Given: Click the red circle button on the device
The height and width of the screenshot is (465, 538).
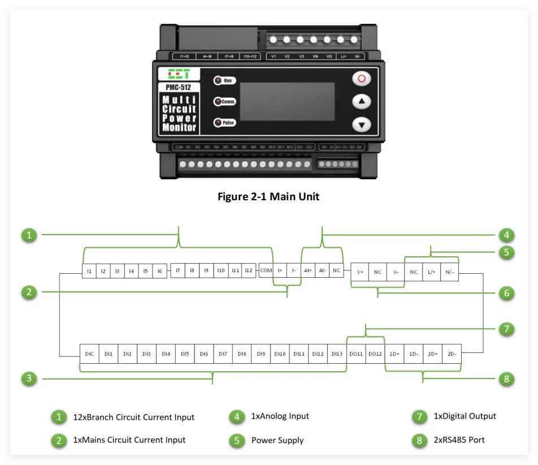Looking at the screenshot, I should [x=362, y=78].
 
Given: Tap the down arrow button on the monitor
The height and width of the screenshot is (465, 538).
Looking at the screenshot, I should [x=362, y=124].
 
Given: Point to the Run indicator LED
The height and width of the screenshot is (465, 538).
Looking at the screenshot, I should [x=218, y=81].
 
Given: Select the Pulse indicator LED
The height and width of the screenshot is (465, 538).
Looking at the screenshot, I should [x=218, y=123].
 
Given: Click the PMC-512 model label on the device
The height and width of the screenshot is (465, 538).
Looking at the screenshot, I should [x=178, y=87].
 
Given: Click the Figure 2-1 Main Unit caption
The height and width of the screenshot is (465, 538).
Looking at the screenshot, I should [x=268, y=197].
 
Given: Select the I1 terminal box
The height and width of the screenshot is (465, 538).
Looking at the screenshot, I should [x=89, y=271].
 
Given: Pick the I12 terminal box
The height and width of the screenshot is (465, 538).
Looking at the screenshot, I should [x=249, y=271].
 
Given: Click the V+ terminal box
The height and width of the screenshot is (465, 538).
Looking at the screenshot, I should [x=360, y=272].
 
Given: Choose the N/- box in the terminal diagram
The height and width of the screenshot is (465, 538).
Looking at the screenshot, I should [x=449, y=272].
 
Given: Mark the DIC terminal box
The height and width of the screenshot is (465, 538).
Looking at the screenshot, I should [x=89, y=354].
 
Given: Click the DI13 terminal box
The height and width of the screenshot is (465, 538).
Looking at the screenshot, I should [x=337, y=354].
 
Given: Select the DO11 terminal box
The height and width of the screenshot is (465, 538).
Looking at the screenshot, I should [x=356, y=354].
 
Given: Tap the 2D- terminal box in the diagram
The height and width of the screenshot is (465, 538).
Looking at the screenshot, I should [x=452, y=354].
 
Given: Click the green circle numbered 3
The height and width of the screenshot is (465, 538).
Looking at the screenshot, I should [x=29, y=378].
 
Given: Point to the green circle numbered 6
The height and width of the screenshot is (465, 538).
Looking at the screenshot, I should [x=506, y=292].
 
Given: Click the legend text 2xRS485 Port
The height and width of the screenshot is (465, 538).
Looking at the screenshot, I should [x=459, y=440].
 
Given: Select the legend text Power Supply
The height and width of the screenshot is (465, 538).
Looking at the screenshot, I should [x=277, y=441].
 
